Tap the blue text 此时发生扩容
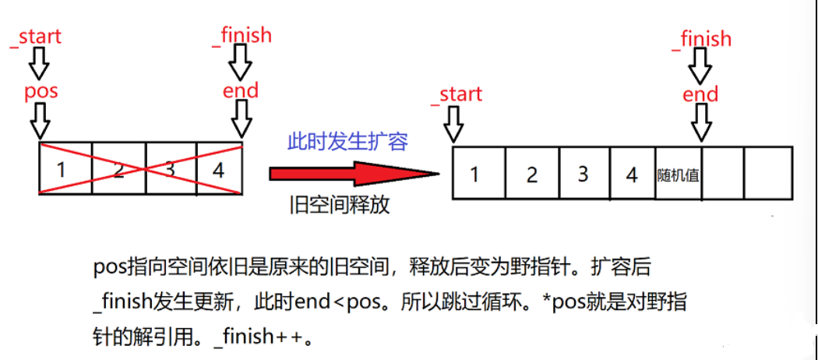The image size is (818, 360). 347,142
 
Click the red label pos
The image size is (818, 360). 41,90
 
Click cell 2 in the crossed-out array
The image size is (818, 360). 118,168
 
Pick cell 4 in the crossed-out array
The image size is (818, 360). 219,168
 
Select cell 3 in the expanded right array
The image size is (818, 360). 582,174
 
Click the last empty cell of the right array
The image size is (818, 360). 768,174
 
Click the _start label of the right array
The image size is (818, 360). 457,94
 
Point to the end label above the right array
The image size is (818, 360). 700,95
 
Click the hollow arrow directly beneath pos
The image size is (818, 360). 40,119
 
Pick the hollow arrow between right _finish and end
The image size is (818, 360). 700,67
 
